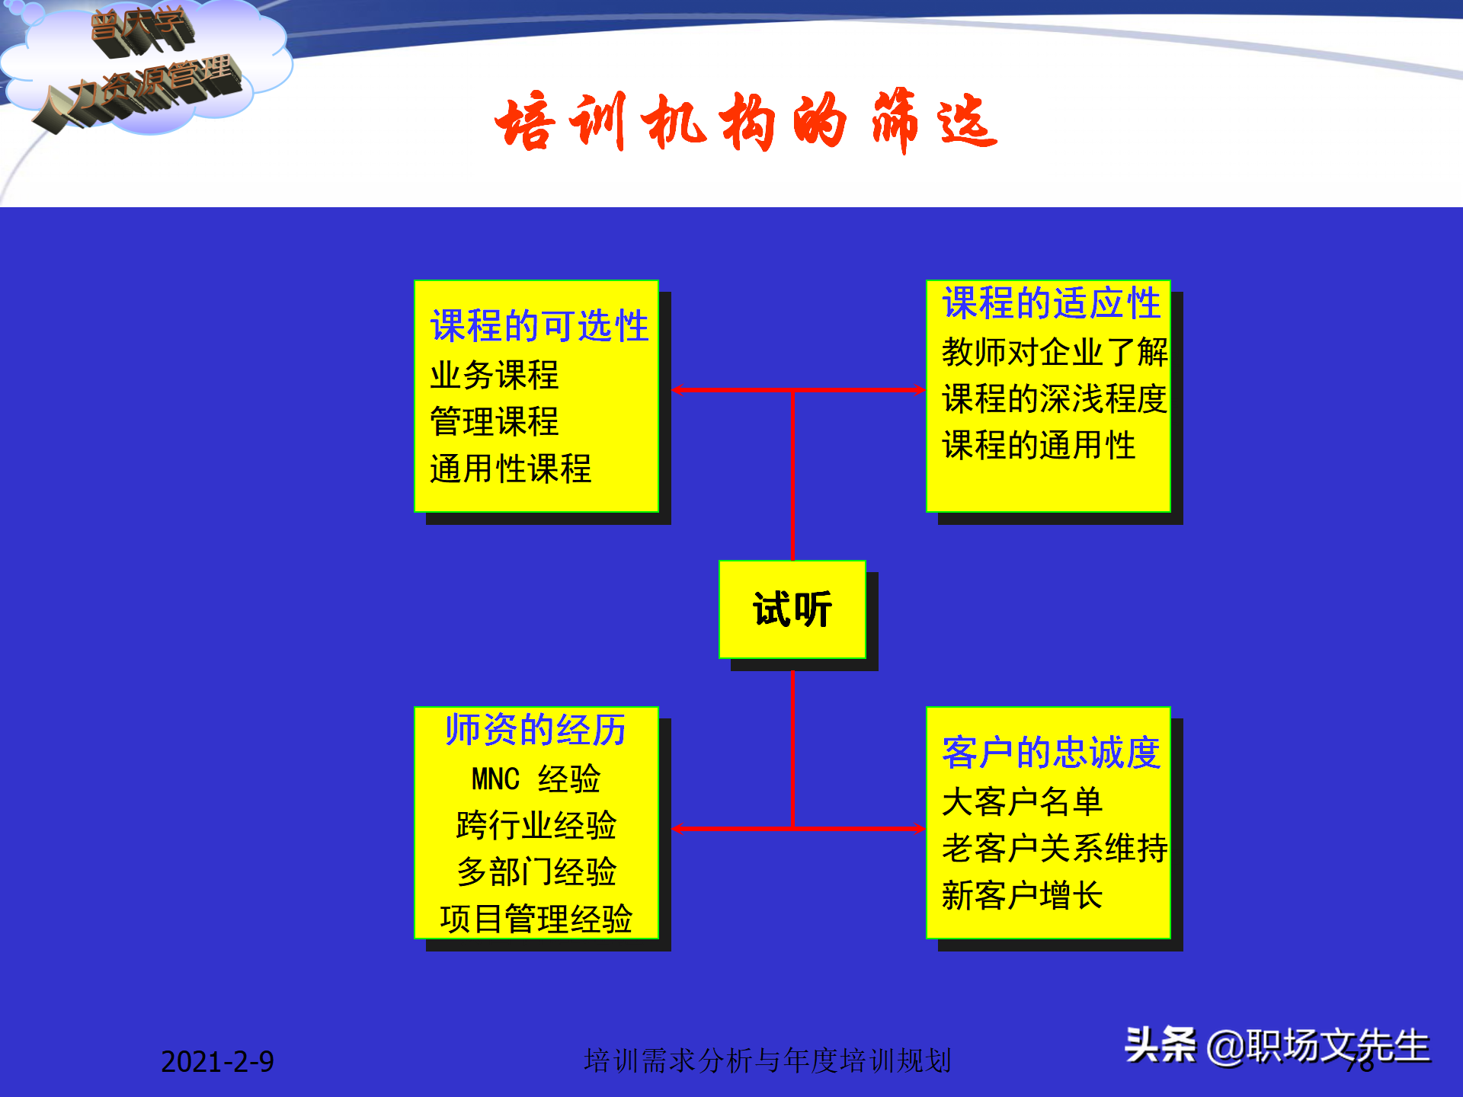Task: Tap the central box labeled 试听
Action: pos(792,609)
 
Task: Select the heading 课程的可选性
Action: pos(539,326)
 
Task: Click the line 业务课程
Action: pos(494,375)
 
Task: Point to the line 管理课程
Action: pos(494,421)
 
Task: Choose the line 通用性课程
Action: pos(511,469)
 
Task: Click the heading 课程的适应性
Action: pos(1051,303)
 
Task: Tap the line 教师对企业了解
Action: pos(1054,352)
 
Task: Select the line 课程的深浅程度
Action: pos(1054,398)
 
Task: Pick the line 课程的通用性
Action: pos(1038,445)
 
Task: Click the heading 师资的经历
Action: pos(536,730)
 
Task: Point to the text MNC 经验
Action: pos(536,779)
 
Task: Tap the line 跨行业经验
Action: pos(536,825)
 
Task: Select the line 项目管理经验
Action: pos(536,919)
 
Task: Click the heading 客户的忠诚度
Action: pos(1051,753)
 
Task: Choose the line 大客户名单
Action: pos(1022,801)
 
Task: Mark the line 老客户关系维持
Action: pos(1054,848)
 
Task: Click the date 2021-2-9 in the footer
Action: pos(217,1061)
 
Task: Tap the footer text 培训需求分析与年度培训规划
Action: pos(767,1060)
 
